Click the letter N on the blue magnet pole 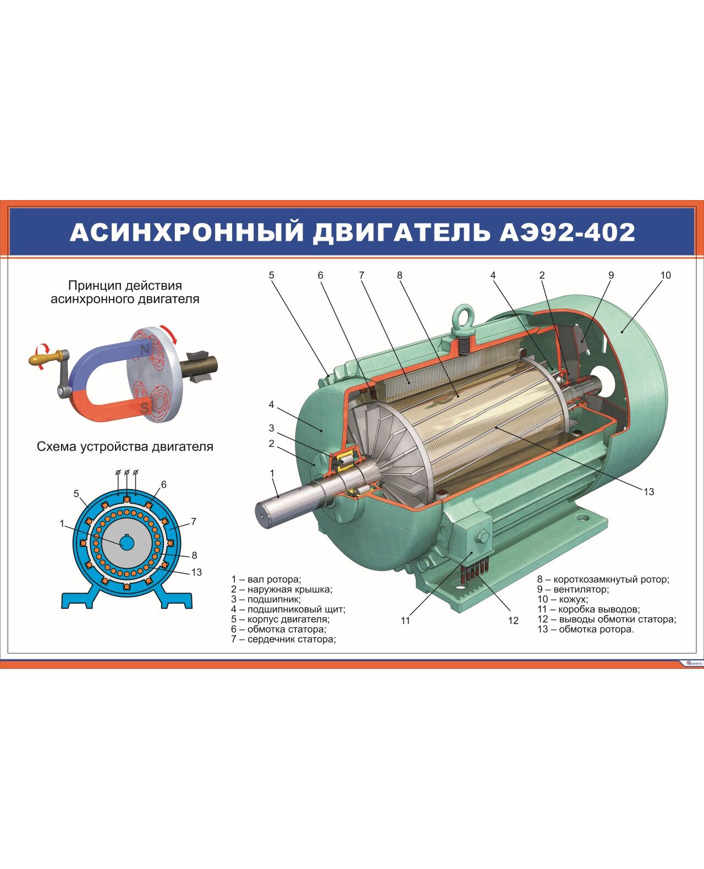[145, 350]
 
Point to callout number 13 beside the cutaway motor [648, 491]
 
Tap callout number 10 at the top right [665, 275]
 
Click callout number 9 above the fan [611, 275]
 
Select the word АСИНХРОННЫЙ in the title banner [186, 233]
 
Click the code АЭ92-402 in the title [567, 233]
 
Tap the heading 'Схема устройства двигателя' [125, 447]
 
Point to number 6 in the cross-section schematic [164, 484]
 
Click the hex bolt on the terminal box [482, 536]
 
